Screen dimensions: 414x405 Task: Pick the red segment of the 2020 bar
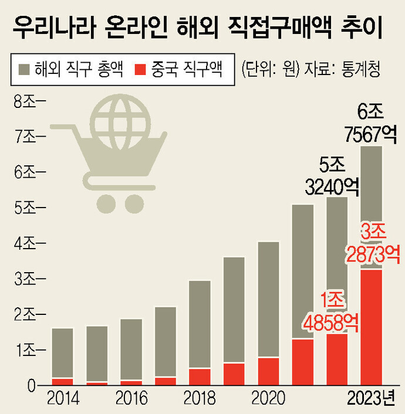[268, 371]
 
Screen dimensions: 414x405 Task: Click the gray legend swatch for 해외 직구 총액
[24, 69]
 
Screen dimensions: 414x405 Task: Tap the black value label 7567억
[371, 134]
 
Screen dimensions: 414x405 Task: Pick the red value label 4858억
[332, 321]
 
